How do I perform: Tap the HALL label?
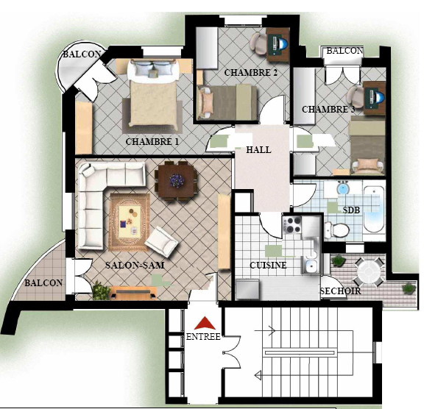(258, 149)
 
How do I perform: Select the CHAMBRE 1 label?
(152, 141)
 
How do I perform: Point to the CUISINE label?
(268, 265)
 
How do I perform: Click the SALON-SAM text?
(135, 265)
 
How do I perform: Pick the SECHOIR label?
(340, 291)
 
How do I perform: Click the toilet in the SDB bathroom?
(337, 230)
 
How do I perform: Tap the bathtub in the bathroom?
(374, 210)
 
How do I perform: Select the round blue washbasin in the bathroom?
(343, 188)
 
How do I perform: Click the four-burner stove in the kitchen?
(292, 225)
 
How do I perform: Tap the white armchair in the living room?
(161, 242)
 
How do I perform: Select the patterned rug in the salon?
(130, 222)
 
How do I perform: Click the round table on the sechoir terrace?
(370, 271)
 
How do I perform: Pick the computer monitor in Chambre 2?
(281, 43)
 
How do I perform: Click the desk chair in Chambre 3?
(356, 97)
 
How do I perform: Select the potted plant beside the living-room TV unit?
(101, 291)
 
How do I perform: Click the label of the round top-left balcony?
(82, 54)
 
